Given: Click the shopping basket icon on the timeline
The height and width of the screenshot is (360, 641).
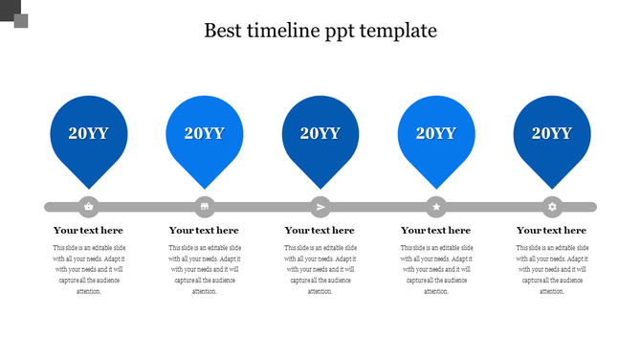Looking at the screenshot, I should (x=89, y=206).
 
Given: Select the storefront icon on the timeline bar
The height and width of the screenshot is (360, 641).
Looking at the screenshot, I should (x=205, y=206).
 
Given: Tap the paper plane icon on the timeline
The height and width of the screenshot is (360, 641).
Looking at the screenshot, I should (x=320, y=206).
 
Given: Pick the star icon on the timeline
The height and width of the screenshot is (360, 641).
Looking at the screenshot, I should (x=436, y=206).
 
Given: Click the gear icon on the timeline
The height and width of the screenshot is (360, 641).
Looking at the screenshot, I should (x=552, y=206).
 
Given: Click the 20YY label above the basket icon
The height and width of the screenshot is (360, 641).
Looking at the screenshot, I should (x=88, y=133).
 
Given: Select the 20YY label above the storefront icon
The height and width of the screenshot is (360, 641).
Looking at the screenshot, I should (x=204, y=133).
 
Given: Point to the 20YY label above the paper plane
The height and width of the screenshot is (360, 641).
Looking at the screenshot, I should (x=320, y=133).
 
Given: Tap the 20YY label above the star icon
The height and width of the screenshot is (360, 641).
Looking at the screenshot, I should (x=436, y=133).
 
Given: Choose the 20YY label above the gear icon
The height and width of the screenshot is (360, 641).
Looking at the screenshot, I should (x=552, y=133).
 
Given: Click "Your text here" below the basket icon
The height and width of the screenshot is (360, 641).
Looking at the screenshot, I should (x=88, y=231).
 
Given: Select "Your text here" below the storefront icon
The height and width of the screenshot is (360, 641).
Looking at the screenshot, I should (x=204, y=231).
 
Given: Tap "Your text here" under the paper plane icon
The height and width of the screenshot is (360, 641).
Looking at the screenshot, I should (x=320, y=231).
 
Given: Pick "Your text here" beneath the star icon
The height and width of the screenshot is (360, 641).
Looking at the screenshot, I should (x=435, y=231).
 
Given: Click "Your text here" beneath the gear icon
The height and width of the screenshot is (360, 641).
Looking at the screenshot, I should (x=551, y=231).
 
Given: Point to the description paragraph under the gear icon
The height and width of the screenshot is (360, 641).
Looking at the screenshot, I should (x=551, y=269).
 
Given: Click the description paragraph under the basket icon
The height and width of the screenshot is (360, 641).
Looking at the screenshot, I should (x=88, y=269).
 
